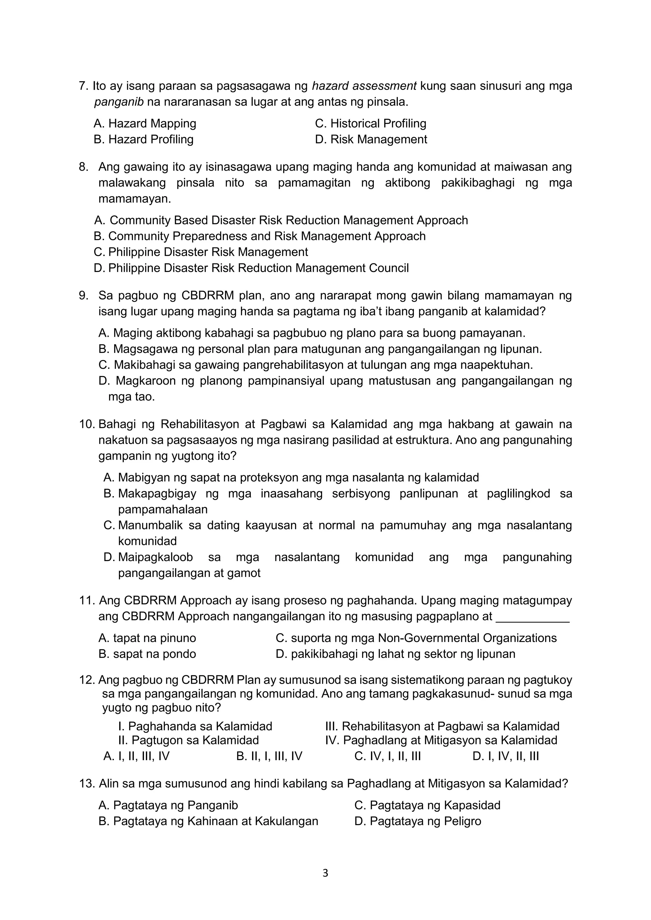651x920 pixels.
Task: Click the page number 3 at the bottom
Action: point(325,873)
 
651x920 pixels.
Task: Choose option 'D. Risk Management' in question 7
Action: point(371,139)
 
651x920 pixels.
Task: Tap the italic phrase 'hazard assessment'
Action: point(364,86)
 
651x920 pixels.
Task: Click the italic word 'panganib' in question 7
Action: point(119,102)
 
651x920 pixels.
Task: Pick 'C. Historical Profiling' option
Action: point(370,123)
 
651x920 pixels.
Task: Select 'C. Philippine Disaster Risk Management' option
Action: point(201,252)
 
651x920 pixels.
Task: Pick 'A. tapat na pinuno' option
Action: point(147,638)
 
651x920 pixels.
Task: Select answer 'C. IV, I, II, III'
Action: point(387,756)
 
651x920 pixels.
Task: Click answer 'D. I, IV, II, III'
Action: point(505,756)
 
